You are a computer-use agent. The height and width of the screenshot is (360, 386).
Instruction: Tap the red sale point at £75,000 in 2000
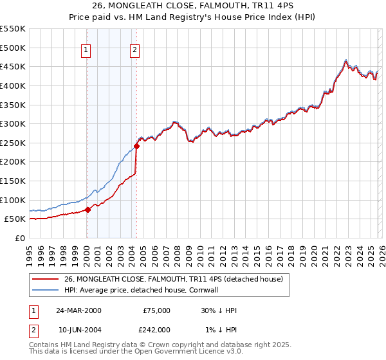88,209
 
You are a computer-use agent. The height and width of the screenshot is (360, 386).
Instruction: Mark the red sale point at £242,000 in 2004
136,146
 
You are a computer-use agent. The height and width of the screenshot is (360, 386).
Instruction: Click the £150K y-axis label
14,181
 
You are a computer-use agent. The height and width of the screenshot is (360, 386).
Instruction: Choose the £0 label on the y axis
21,238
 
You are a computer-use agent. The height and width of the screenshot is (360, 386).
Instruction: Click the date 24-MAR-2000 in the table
79,310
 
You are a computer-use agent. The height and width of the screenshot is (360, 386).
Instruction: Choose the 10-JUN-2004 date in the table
79,329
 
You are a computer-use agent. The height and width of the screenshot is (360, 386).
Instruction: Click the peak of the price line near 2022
346,60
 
